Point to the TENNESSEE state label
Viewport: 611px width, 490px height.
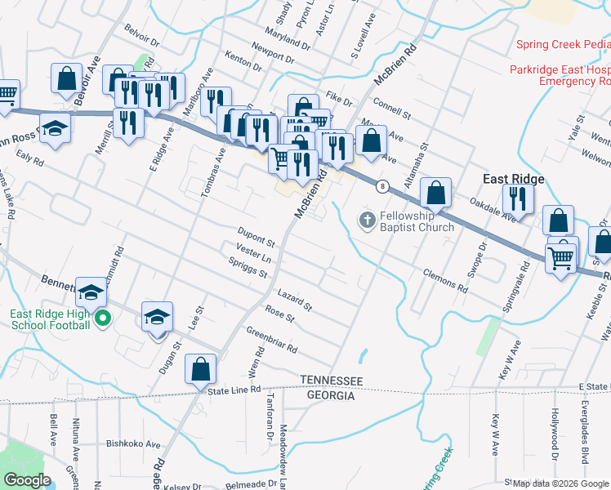click(x=331, y=381)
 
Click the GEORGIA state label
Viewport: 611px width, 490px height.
click(x=330, y=395)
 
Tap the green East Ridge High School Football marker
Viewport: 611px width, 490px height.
click(x=102, y=318)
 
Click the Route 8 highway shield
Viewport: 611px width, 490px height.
click(x=381, y=186)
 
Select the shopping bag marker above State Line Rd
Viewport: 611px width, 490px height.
click(x=200, y=368)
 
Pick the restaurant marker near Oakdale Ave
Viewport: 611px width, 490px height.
click(x=518, y=198)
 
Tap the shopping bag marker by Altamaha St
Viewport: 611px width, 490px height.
click(x=437, y=193)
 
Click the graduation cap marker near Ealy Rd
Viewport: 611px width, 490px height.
click(x=56, y=128)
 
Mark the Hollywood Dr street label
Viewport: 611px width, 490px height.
click(x=555, y=429)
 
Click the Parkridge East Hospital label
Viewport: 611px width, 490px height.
click(x=560, y=70)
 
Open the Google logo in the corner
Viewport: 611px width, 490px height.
click(x=27, y=480)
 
